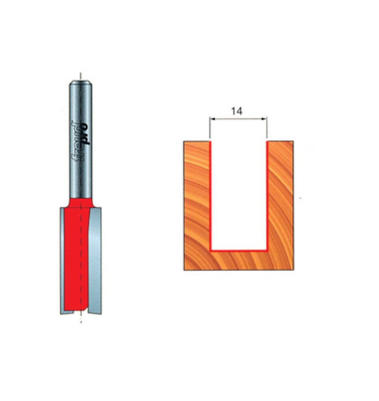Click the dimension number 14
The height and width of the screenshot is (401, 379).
pos(237,111)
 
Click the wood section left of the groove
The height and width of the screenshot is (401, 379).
pos(197,200)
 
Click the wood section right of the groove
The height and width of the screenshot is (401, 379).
pos(280,200)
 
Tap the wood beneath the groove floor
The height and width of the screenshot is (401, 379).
pos(238,261)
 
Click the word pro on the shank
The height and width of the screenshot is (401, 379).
pos(86,134)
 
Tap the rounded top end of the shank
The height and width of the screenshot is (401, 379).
pos(81,83)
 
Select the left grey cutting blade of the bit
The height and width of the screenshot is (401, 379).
pos(62,261)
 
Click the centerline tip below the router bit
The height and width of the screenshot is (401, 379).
pos(81,320)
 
